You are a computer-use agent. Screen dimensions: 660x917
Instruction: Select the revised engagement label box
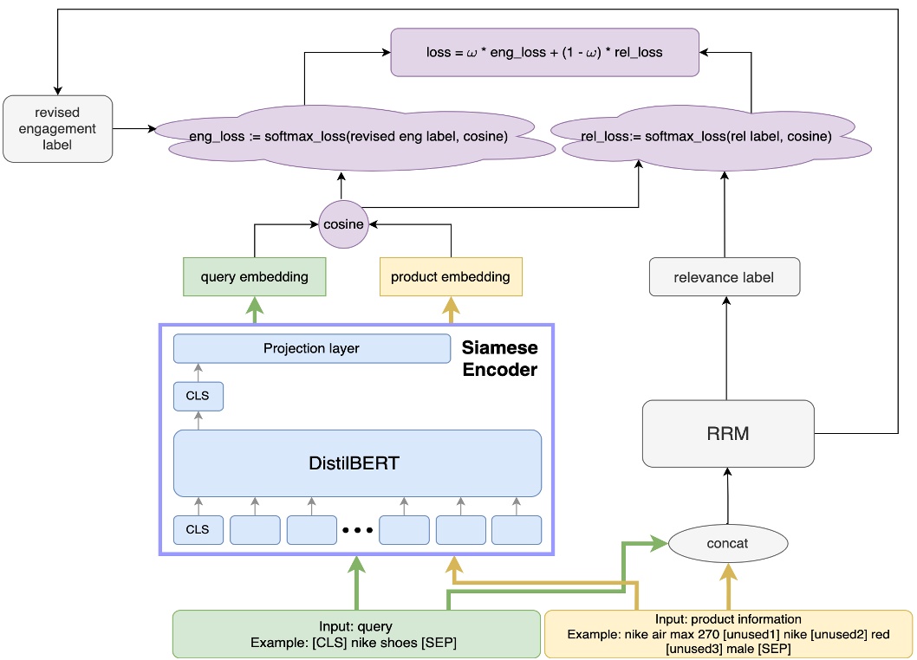58,128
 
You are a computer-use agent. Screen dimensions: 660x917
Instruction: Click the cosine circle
343,224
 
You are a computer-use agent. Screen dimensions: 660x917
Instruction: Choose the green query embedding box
254,277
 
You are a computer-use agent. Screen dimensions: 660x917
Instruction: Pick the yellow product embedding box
451,277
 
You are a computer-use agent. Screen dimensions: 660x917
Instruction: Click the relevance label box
724,278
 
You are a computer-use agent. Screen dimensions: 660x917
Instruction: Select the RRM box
728,433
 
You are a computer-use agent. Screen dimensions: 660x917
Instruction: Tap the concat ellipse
728,543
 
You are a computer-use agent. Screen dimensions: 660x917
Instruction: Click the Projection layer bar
311,348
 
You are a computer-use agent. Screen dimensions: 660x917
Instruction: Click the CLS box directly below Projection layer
198,397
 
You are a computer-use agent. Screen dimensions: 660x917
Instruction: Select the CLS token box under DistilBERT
198,529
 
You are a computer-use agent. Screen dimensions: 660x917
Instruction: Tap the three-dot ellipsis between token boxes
357,529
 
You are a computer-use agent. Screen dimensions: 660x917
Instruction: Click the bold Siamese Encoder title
499,358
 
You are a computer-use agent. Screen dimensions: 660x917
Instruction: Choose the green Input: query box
356,634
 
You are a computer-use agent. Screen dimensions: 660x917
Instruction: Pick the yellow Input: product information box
728,634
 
